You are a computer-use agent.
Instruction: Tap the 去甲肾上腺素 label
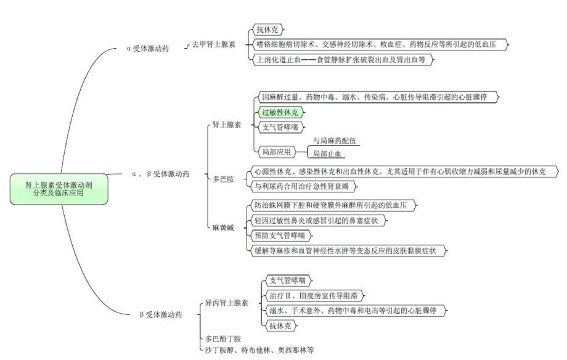pos(213,44)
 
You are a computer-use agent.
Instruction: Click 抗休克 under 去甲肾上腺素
pos(268,29)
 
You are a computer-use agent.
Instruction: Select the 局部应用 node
pos(276,150)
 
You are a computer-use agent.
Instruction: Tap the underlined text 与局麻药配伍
pos(335,141)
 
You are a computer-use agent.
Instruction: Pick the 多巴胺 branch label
pos(224,179)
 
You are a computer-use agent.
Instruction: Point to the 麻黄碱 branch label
pos(224,227)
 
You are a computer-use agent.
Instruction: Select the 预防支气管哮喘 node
pos(279,234)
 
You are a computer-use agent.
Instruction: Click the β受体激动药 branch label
pos(161,314)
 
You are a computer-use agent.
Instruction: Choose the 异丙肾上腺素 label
pos(227,303)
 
